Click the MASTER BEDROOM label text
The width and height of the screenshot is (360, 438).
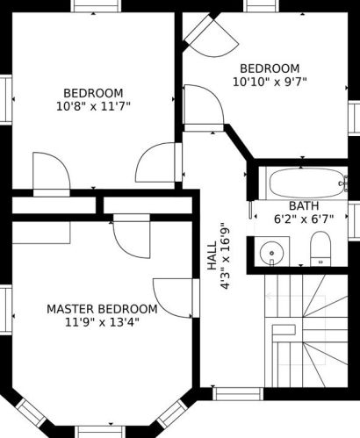click(x=102, y=309)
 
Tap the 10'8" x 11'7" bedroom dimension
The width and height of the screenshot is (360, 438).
click(x=93, y=106)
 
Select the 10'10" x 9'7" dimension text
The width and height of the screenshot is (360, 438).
click(x=270, y=82)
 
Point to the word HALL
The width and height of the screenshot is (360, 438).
click(x=212, y=255)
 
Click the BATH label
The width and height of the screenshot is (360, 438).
click(x=304, y=206)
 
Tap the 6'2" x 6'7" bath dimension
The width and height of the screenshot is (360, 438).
click(x=304, y=219)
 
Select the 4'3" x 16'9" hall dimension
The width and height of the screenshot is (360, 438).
click(x=225, y=256)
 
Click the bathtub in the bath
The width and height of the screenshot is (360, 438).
click(x=306, y=183)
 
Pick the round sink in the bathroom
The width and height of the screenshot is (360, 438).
click(x=271, y=253)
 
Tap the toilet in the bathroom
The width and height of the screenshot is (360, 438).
click(x=320, y=248)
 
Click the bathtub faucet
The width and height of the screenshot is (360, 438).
click(x=343, y=183)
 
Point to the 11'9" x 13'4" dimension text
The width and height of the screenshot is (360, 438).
click(x=102, y=322)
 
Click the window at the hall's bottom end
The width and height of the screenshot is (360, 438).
click(x=238, y=394)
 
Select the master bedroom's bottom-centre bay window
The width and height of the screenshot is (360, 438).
click(x=100, y=432)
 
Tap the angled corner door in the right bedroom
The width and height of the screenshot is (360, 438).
click(x=211, y=36)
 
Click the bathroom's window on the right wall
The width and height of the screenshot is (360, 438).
click(x=354, y=221)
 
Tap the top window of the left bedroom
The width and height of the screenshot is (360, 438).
click(x=96, y=6)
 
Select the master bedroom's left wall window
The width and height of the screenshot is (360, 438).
click(x=6, y=310)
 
